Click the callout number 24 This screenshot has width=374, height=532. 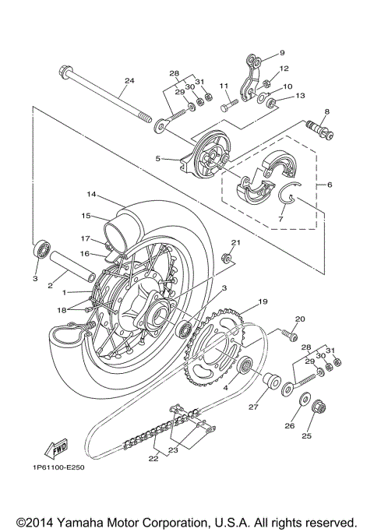tap(129, 80)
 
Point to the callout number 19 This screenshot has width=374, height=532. tap(262, 301)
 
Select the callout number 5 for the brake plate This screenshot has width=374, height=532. tap(157, 158)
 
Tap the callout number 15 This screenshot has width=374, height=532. tap(86, 216)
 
